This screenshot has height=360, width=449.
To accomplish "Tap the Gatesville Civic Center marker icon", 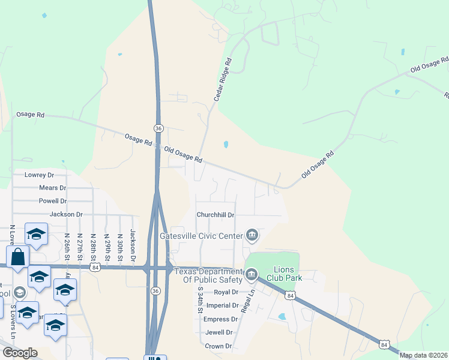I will pos(252,235).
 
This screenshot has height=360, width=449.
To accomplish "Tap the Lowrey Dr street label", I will pos(39,175).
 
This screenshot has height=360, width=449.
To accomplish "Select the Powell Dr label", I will pos(52,201).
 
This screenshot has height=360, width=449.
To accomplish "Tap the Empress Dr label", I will pos(218,319).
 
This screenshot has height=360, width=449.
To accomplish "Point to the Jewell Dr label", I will pos(218,332).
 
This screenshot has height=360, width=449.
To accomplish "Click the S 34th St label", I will pos(200,299).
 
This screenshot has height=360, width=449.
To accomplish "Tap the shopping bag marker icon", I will pos(18,256).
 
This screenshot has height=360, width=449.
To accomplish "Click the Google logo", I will pos(20,353).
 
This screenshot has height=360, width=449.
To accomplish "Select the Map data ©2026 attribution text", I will pos(423,355).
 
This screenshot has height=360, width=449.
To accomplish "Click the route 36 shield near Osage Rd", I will pos(158,128).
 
